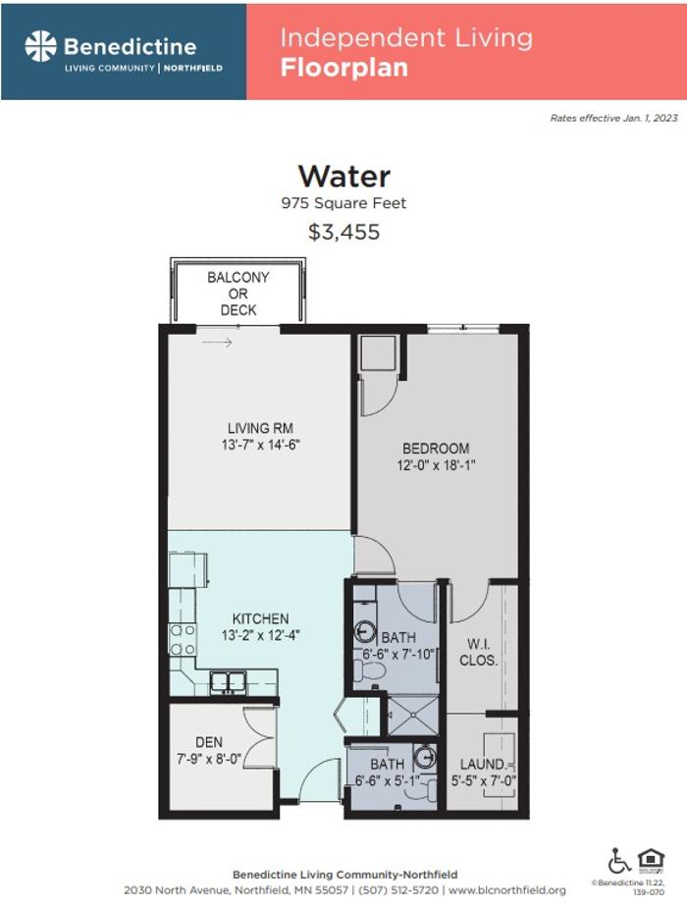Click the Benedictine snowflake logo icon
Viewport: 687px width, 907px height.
(x=40, y=46)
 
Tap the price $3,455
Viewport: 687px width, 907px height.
(x=344, y=232)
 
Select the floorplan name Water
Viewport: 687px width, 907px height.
(x=344, y=176)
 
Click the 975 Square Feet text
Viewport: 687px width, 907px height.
(x=344, y=203)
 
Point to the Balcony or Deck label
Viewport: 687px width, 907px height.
(x=238, y=293)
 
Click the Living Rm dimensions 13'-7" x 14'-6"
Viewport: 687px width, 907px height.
(x=261, y=445)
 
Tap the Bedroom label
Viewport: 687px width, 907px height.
(x=436, y=449)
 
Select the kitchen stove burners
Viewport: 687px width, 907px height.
(x=183, y=640)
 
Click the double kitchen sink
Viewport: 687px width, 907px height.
(x=228, y=682)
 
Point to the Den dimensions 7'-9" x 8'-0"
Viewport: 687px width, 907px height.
(x=209, y=759)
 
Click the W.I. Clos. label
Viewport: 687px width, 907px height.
(x=478, y=652)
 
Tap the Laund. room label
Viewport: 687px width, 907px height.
(x=483, y=764)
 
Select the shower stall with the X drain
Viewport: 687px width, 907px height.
(x=413, y=715)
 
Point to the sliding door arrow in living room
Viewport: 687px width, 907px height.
(x=217, y=343)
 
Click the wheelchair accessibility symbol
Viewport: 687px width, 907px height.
(x=618, y=861)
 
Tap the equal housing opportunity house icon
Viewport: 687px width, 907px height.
(x=651, y=860)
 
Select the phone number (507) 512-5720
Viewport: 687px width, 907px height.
(x=397, y=890)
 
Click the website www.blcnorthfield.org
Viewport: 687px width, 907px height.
(x=507, y=890)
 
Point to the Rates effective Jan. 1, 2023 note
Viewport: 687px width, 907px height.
(x=613, y=118)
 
